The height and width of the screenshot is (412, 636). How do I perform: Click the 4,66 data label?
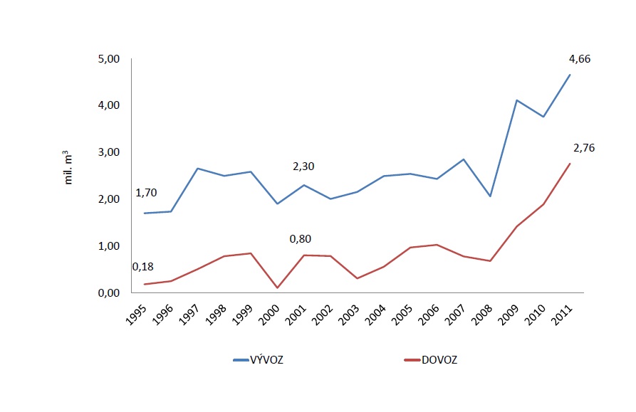pos(580,59)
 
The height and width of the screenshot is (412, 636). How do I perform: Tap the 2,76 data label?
pos(584,148)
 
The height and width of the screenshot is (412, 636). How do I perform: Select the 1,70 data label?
pos(146,193)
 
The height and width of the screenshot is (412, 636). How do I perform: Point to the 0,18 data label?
pos(143,267)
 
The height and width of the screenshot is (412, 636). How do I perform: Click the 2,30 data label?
pos(303,167)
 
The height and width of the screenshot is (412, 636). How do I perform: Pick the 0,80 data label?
pos(301,239)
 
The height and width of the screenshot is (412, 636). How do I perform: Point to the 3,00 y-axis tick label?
pos(110,152)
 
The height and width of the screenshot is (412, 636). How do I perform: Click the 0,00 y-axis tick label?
pos(110,292)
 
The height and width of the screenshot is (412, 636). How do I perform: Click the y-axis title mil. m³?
pos(70,168)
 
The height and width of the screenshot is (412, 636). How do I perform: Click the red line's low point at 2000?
pos(278,287)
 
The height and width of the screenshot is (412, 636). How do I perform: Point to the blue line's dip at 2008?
pos(491,196)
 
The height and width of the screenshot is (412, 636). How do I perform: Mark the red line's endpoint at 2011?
pos(570,164)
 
